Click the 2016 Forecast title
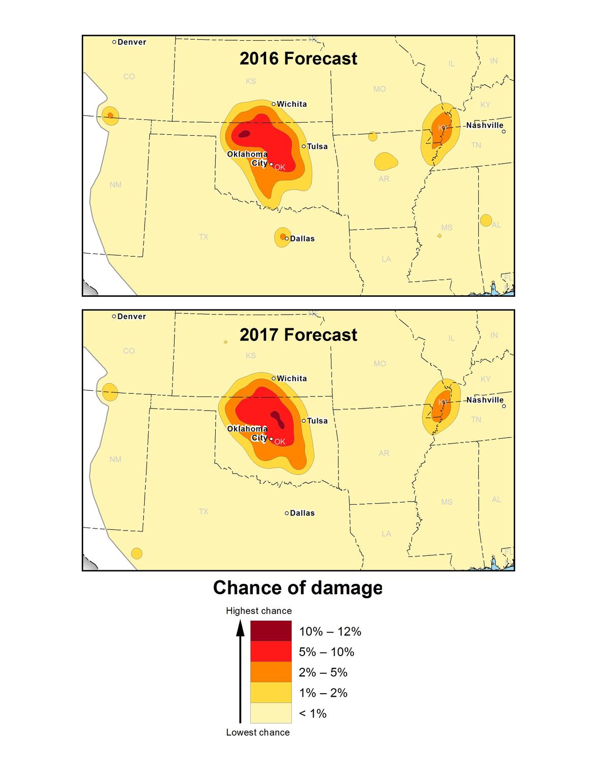click(x=298, y=59)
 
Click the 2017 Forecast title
click(x=298, y=335)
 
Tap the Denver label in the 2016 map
click(x=131, y=42)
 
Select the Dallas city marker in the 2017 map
click(x=287, y=513)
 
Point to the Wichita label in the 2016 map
click(x=291, y=104)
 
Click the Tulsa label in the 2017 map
click(x=317, y=421)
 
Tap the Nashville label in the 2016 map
click(x=484, y=126)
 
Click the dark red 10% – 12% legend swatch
click(x=271, y=631)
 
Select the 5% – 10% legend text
click(x=326, y=652)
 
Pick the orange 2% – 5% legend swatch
click(x=271, y=672)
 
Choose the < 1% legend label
click(x=312, y=713)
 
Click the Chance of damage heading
click(x=298, y=588)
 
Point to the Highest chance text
click(x=258, y=611)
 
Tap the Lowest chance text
click(x=258, y=732)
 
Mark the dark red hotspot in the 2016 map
click(x=245, y=134)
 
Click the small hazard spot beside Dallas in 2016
click(x=282, y=237)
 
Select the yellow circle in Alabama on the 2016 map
click(x=486, y=221)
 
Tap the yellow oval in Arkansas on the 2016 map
click(x=386, y=162)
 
